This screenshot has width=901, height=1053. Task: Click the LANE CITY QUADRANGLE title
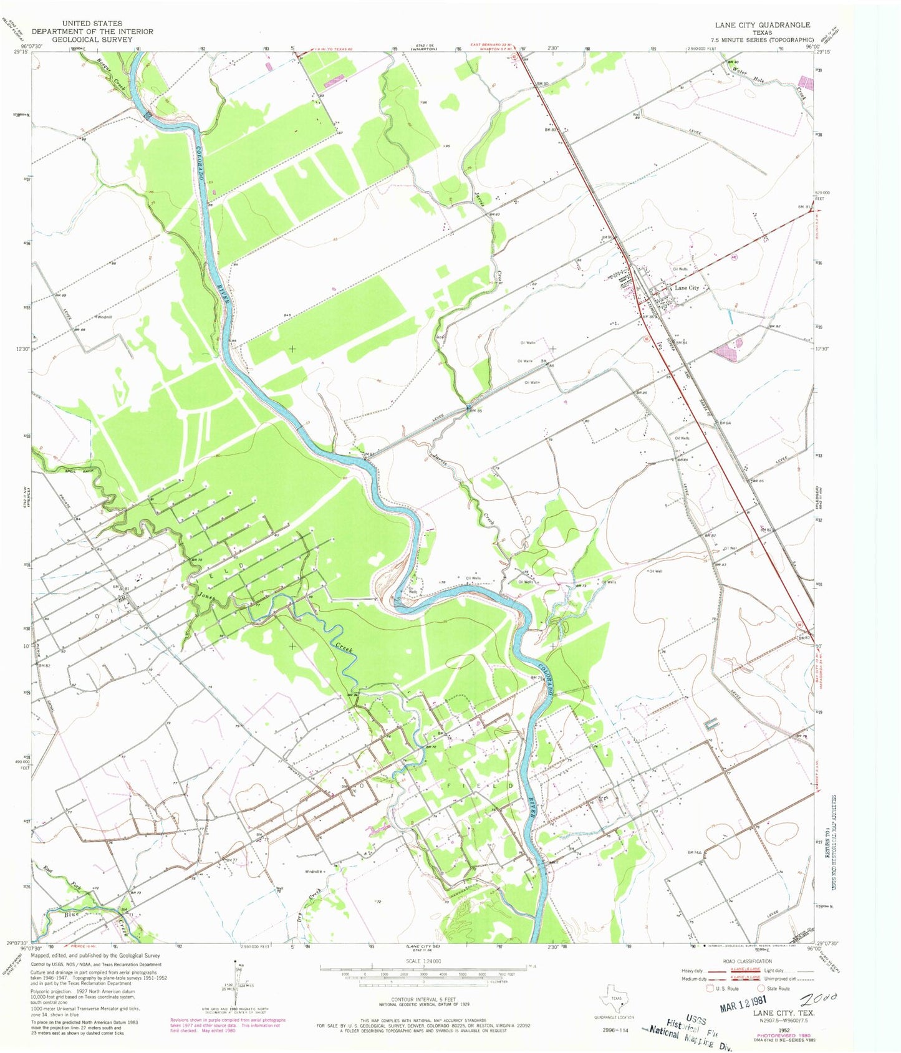click(762, 25)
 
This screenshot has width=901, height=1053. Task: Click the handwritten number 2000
click(824, 998)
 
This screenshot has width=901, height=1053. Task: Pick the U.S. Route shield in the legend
click(710, 989)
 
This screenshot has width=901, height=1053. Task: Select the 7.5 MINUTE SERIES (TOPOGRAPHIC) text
click(762, 39)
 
